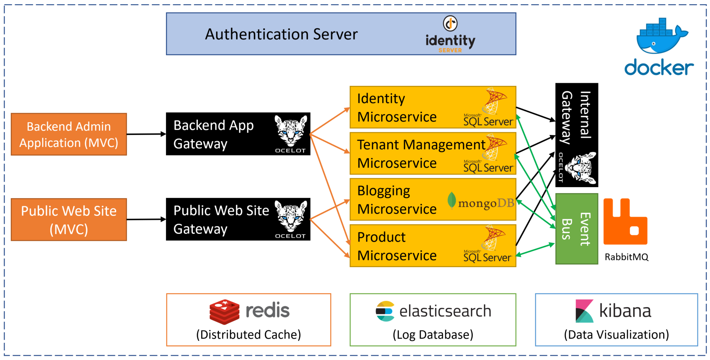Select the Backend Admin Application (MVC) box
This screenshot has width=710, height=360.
click(69, 134)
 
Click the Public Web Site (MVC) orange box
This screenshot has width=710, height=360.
click(69, 220)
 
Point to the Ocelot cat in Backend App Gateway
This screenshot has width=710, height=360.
click(291, 132)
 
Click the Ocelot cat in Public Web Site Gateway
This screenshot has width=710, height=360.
click(291, 217)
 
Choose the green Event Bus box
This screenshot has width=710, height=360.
click(576, 229)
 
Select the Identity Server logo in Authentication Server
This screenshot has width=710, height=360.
click(450, 35)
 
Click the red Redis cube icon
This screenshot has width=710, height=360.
click(224, 312)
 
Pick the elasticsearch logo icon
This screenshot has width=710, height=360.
click(385, 311)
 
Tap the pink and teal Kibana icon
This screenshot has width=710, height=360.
click(584, 311)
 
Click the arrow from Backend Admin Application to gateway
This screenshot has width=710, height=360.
click(146, 134)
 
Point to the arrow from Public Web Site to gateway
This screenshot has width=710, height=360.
click(146, 220)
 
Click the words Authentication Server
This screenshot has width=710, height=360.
click(281, 35)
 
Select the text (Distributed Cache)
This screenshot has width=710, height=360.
click(248, 335)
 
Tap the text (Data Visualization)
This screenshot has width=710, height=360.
click(616, 335)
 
